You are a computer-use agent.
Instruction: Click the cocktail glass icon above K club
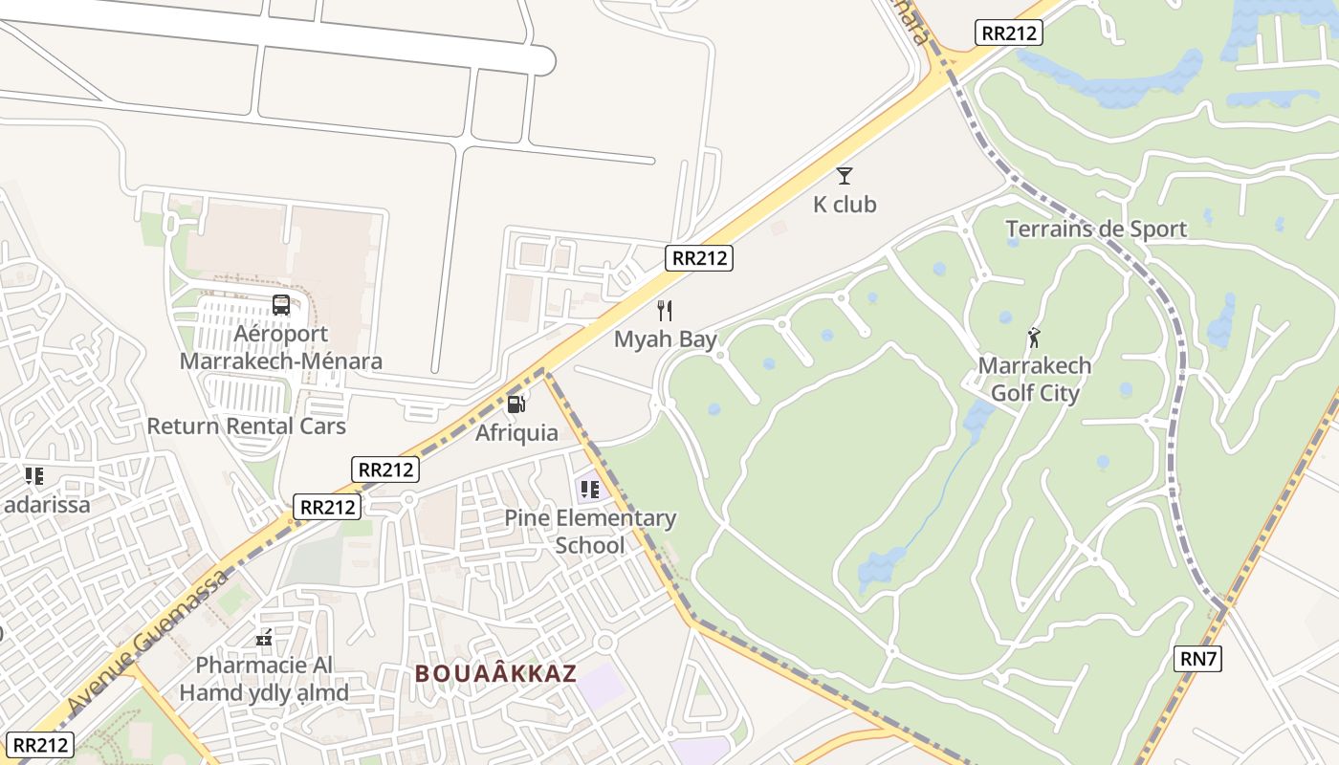pyautogui.click(x=844, y=176)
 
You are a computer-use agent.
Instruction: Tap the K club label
pyautogui.click(x=845, y=205)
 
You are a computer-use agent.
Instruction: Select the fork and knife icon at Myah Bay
pyautogui.click(x=666, y=311)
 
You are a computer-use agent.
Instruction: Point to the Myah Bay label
pyautogui.click(x=666, y=339)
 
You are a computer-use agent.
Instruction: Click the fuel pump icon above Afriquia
pyautogui.click(x=516, y=404)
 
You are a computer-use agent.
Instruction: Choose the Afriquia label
pyautogui.click(x=516, y=433)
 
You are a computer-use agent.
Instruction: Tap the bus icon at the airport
pyautogui.click(x=281, y=305)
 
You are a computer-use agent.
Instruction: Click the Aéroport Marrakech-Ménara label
pyautogui.click(x=281, y=347)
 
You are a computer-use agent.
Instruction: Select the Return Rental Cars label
pyautogui.click(x=246, y=426)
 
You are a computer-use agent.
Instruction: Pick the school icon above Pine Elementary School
pyautogui.click(x=590, y=491)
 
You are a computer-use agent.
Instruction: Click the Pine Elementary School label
pyautogui.click(x=590, y=532)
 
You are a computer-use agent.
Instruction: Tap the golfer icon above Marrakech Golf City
pyautogui.click(x=1034, y=338)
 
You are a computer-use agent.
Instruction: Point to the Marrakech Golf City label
pyautogui.click(x=1034, y=380)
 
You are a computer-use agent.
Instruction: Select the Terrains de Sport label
pyautogui.click(x=1096, y=229)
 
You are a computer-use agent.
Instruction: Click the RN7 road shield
pyautogui.click(x=1198, y=658)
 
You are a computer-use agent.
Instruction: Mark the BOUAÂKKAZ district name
pyautogui.click(x=495, y=673)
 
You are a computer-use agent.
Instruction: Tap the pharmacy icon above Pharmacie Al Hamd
pyautogui.click(x=264, y=637)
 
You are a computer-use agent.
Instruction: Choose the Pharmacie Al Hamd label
pyautogui.click(x=264, y=678)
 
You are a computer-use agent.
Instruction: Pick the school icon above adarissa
pyautogui.click(x=34, y=475)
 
